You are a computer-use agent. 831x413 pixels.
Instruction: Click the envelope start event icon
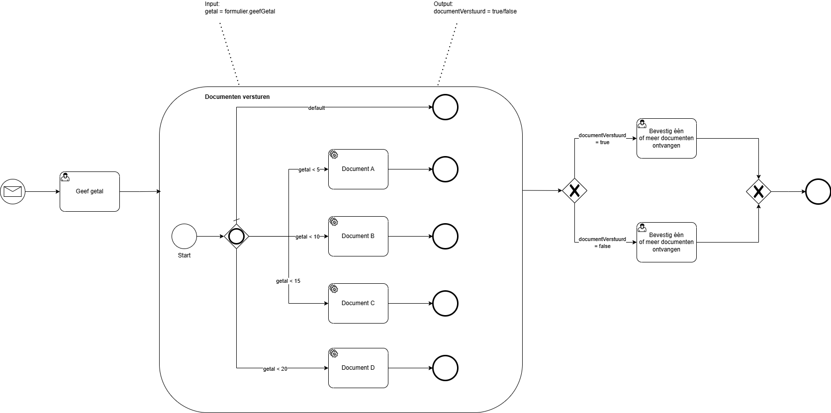click(12, 191)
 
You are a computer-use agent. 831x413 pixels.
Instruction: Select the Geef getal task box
click(90, 191)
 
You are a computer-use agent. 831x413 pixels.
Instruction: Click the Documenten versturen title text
click(237, 97)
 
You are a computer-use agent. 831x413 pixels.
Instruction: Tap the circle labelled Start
click(184, 236)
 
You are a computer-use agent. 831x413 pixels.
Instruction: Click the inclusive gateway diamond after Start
click(236, 236)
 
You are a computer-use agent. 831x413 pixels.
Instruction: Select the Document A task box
click(358, 169)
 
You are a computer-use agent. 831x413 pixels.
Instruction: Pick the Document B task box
click(358, 236)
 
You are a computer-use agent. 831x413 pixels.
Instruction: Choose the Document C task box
click(358, 303)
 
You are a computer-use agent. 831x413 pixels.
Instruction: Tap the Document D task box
click(358, 368)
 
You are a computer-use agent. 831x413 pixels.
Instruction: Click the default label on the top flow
click(316, 108)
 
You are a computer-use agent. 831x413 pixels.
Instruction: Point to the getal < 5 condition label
click(309, 169)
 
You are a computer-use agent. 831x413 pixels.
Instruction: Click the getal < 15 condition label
click(288, 281)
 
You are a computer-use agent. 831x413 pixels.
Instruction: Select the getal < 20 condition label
click(275, 369)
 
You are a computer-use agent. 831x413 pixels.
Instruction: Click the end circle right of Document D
click(445, 368)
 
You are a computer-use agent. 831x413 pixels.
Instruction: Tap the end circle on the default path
click(445, 107)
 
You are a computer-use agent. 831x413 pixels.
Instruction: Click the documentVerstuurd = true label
click(602, 139)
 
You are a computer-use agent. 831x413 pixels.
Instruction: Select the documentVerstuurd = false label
click(602, 243)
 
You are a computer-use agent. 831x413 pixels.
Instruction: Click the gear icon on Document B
click(334, 222)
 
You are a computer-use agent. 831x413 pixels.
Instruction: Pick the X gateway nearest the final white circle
click(758, 191)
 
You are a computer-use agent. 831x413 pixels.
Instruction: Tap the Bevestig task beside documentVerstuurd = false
click(666, 242)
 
